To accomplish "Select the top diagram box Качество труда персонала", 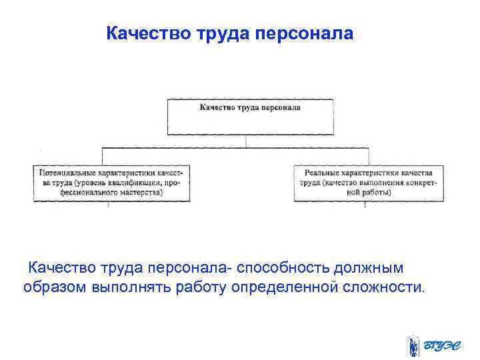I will point(249,117).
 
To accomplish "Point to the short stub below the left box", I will point(109,205).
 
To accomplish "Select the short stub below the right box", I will point(365,205).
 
